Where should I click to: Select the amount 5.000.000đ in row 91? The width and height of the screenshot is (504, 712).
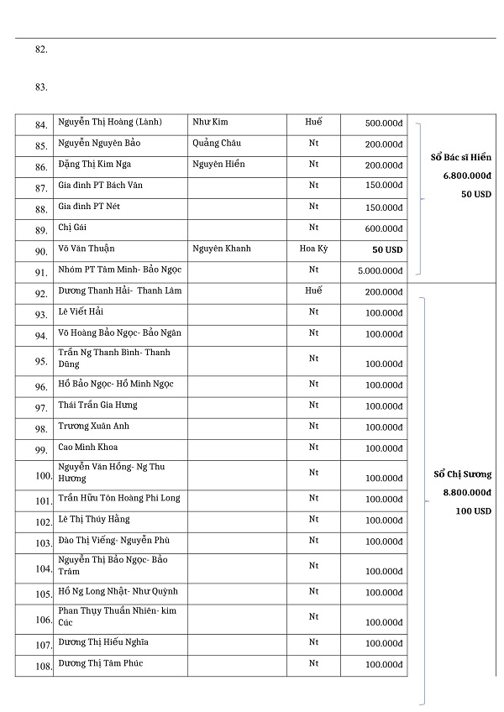click(x=380, y=270)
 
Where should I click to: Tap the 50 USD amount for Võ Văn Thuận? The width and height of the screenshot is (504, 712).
click(x=387, y=249)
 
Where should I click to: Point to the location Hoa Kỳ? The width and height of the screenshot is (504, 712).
click(x=313, y=249)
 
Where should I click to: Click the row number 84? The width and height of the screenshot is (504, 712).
click(x=41, y=125)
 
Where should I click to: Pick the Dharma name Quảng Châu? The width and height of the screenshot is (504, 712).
click(x=216, y=144)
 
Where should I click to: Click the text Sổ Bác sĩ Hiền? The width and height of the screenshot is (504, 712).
click(x=460, y=157)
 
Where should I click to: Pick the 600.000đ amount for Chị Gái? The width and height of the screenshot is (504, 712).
click(x=384, y=228)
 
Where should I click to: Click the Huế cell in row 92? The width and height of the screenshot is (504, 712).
click(x=313, y=291)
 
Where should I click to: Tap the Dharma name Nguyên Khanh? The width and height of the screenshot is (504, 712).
click(x=222, y=249)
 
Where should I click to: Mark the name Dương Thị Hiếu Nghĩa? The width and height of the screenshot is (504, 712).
click(x=103, y=643)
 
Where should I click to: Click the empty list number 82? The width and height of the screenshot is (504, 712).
click(x=41, y=50)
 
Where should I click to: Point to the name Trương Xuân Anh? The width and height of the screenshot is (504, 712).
click(x=93, y=426)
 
